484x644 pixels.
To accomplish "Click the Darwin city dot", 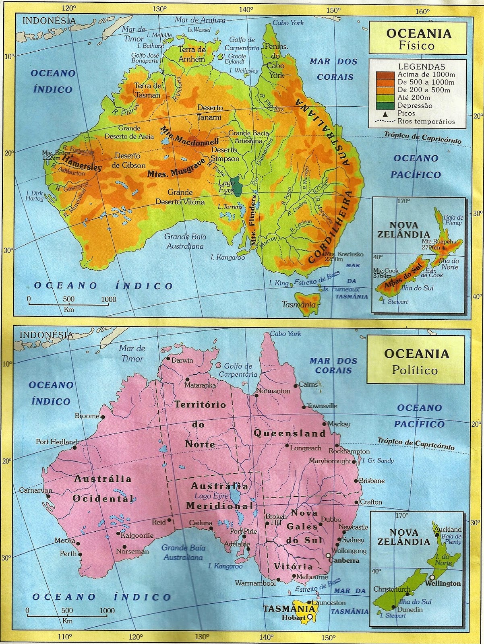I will pyautogui.click(x=168, y=358).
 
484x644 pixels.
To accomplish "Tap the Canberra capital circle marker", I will pyautogui.click(x=328, y=555).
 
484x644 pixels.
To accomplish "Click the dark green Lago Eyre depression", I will pyautogui.click(x=238, y=186).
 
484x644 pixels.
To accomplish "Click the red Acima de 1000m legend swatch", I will pyautogui.click(x=385, y=75).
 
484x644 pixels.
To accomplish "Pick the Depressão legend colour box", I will pyautogui.click(x=385, y=105).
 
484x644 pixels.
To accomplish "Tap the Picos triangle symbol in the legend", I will pyautogui.click(x=385, y=114).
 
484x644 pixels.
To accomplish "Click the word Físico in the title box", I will pyautogui.click(x=416, y=45).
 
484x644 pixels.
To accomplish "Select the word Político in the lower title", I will pyautogui.click(x=415, y=370).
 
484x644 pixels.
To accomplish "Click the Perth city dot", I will pyautogui.click(x=80, y=554).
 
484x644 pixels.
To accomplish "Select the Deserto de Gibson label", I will pyautogui.click(x=128, y=160).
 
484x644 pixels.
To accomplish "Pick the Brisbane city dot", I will pyautogui.click(x=356, y=481).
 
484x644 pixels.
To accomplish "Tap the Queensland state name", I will pyautogui.click(x=290, y=433).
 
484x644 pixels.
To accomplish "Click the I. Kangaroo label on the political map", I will pyautogui.click(x=225, y=566).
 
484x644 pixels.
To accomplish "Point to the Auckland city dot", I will pyautogui.click(x=437, y=535).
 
